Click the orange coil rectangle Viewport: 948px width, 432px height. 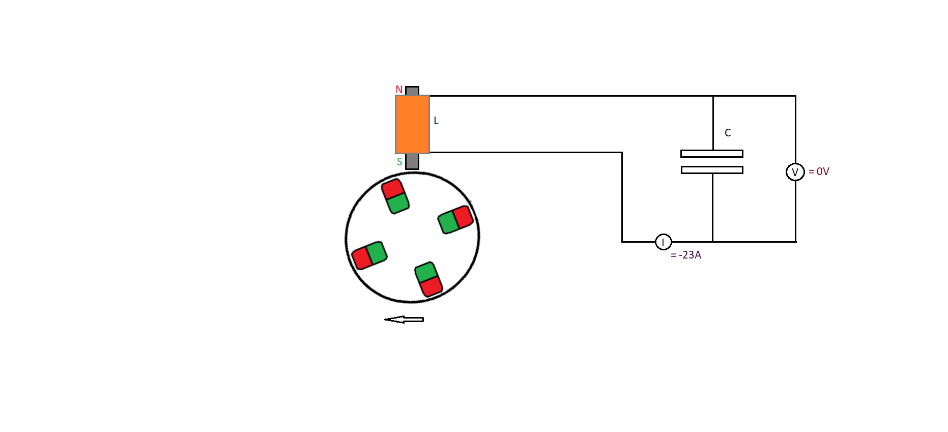tap(412, 124)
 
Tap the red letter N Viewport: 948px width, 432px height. tap(399, 90)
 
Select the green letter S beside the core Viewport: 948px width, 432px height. tap(399, 162)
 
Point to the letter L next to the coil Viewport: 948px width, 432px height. tap(436, 121)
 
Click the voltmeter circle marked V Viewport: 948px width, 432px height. tap(795, 172)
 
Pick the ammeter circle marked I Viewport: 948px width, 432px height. tap(664, 242)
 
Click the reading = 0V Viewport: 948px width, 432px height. tap(819, 171)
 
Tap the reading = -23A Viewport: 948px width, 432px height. tap(686, 255)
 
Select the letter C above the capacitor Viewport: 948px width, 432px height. tap(728, 133)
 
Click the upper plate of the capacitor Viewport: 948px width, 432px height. tap(712, 154)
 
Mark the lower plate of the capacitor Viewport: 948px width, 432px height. tap(712, 170)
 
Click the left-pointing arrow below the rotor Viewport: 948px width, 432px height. tap(404, 320)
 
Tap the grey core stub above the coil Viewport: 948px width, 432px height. tap(412, 91)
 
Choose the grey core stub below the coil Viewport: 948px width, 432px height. tap(412, 161)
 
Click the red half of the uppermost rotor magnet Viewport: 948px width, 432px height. tap(393, 189)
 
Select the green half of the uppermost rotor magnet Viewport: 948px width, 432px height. tap(398, 204)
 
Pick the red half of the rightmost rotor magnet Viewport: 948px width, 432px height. tap(463, 217)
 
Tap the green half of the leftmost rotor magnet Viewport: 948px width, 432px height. tap(377, 252)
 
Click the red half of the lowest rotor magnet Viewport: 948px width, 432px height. tap(431, 286)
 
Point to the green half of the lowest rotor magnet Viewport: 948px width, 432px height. tap(426, 272)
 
